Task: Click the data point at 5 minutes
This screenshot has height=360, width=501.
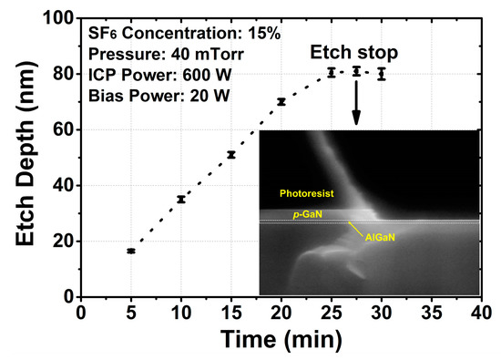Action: coord(131,251)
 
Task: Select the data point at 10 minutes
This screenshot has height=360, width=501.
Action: coord(181,199)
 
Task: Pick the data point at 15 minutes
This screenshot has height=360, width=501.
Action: coord(231,155)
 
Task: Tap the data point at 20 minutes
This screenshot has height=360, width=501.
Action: coord(281,101)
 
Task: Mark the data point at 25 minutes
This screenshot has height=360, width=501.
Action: coord(332,72)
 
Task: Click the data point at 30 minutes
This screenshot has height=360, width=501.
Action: coord(382,73)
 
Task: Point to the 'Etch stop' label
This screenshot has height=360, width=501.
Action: coord(355,51)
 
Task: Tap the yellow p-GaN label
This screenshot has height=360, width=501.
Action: coord(309,214)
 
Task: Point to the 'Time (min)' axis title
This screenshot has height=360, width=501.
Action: coord(281,341)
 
